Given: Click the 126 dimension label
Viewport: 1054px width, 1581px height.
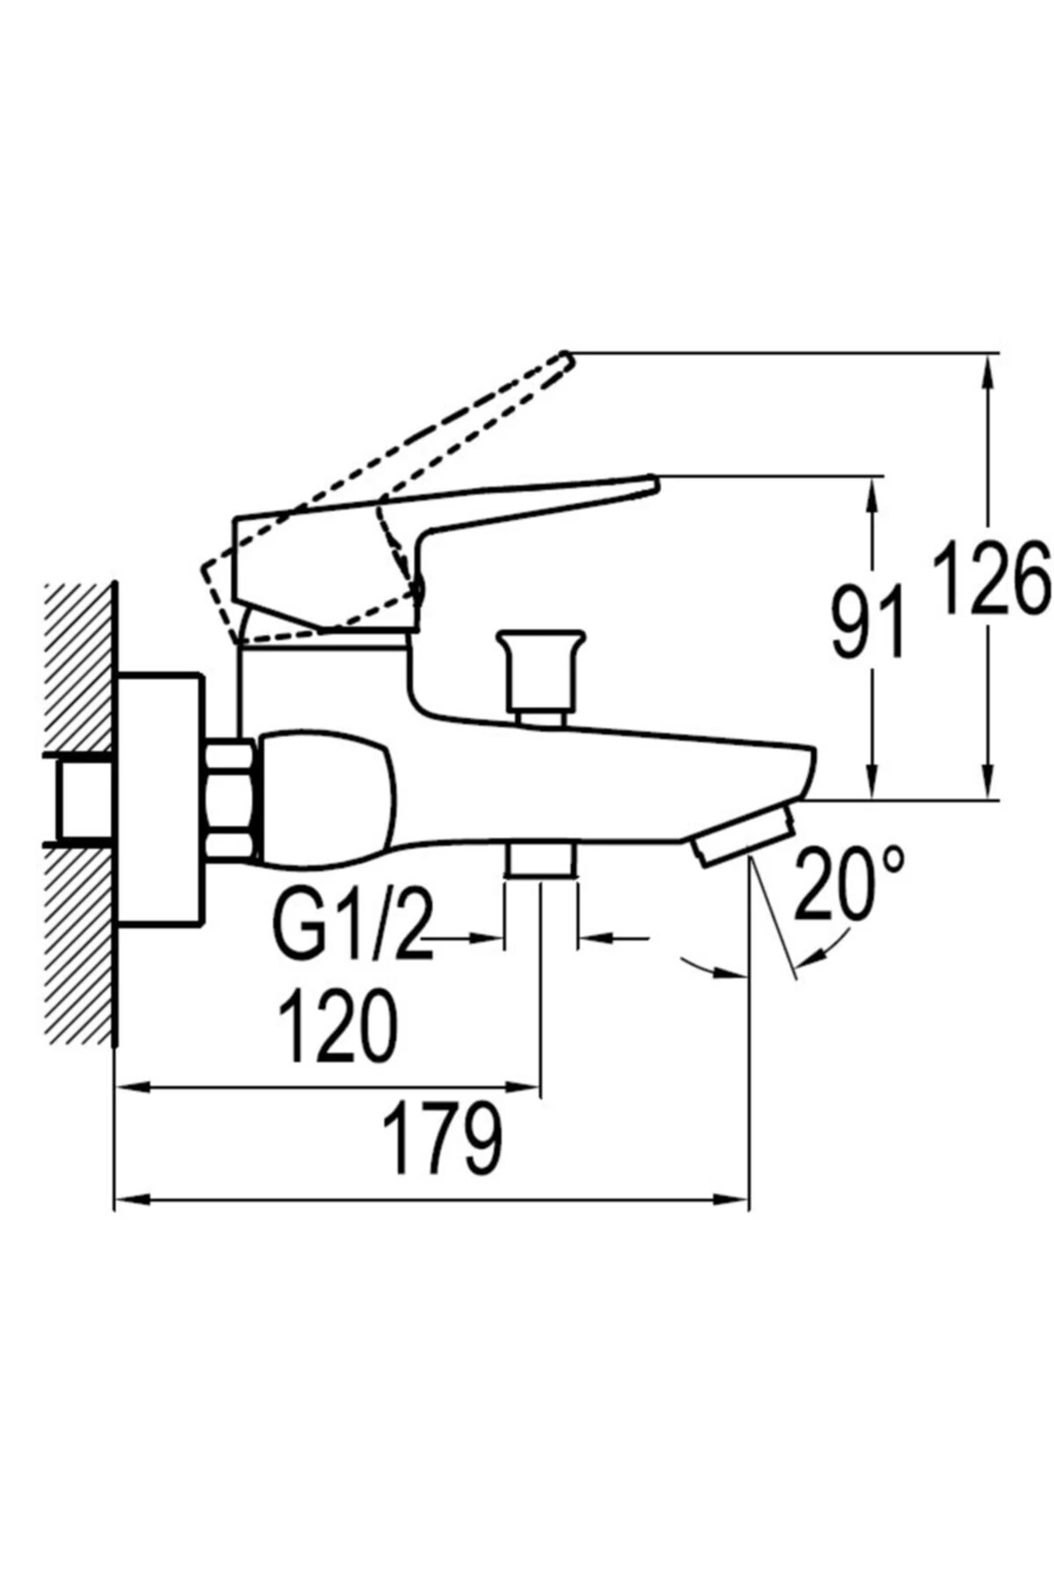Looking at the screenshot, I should (x=991, y=579).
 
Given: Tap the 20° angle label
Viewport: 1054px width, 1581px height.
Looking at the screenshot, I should (x=848, y=884).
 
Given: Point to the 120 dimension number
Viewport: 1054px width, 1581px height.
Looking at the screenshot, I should (x=338, y=1026).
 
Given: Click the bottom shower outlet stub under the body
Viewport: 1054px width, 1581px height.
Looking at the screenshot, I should (x=541, y=860).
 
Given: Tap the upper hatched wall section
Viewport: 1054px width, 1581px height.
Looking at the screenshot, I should (x=79, y=668).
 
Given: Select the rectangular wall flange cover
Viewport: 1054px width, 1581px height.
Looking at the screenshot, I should (x=158, y=799).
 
